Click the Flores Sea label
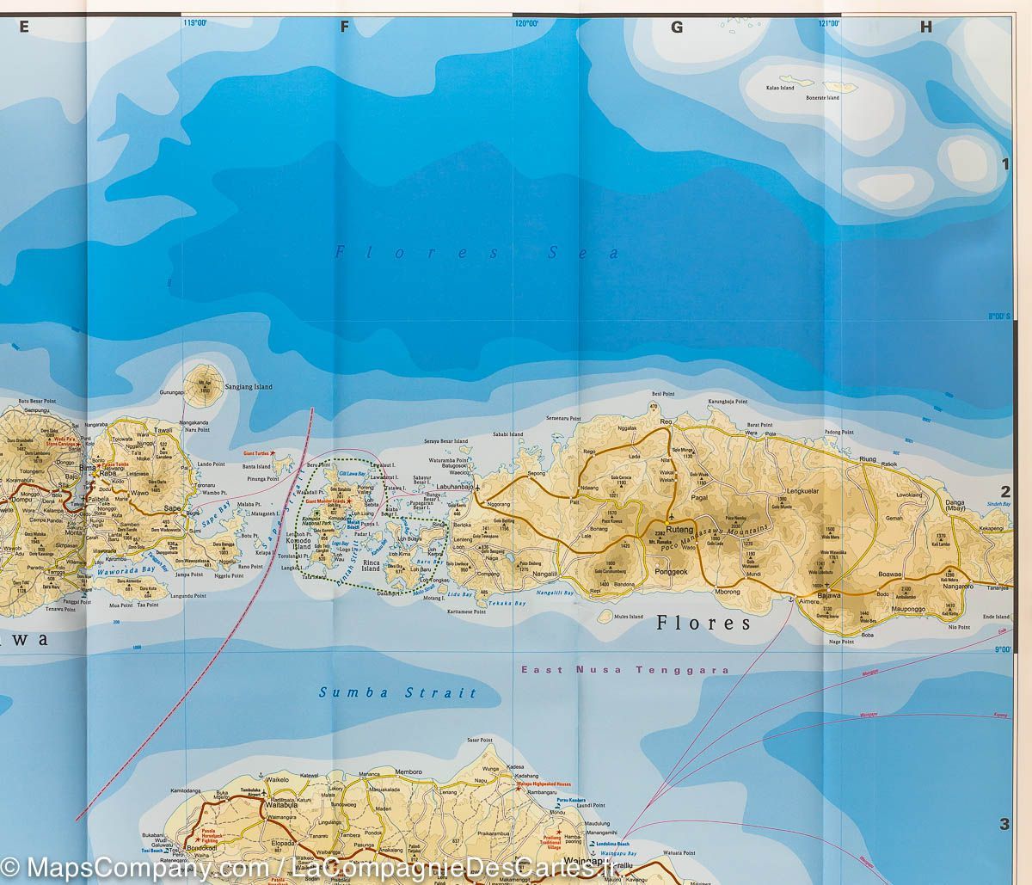[x=477, y=253]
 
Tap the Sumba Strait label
[x=397, y=692]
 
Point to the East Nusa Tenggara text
[x=625, y=670]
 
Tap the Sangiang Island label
[x=248, y=387]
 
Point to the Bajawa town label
[x=829, y=595]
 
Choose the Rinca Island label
[x=372, y=566]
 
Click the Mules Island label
[x=629, y=617]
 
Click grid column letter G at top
[x=677, y=28]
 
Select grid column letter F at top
[x=344, y=28]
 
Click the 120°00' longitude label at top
[x=525, y=24]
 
